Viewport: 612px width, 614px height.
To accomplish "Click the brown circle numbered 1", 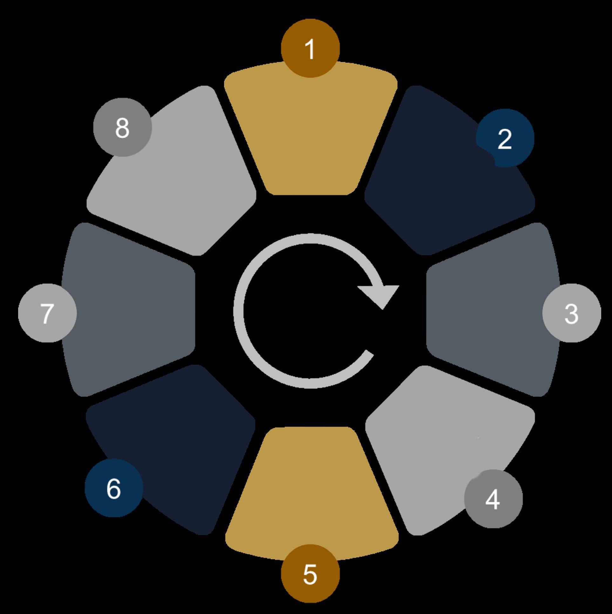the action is tap(310, 48).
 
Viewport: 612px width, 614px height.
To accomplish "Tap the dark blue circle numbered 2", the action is tap(505, 138).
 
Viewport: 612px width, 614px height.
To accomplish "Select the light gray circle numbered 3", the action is tap(571, 313).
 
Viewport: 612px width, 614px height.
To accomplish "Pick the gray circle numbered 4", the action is tap(493, 499).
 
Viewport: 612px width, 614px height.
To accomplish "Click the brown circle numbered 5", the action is tap(310, 574).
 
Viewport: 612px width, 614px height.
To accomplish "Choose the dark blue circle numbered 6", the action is tap(114, 488).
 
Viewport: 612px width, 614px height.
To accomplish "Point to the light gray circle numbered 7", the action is tap(47, 313).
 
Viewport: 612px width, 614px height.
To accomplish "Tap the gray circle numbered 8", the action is tap(122, 127).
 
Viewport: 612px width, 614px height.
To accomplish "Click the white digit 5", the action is tap(310, 574).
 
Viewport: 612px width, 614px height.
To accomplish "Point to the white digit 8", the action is tap(122, 128).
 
